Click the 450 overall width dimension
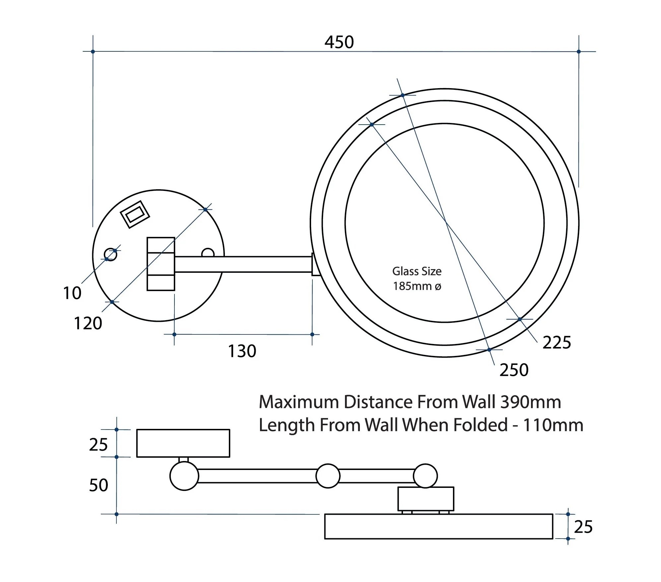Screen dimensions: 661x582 coord(339,42)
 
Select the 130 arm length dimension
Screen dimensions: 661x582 coord(242,351)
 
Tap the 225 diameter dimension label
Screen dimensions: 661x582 coord(557,342)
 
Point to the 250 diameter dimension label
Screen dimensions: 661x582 coord(514,370)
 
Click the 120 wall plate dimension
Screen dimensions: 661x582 coord(88,323)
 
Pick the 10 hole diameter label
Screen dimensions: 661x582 coord(72,293)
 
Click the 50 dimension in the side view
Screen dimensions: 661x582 coord(99,485)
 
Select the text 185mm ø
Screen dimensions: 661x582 coord(417,286)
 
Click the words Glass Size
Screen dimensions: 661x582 coord(417,271)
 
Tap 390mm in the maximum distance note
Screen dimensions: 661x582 coord(531,402)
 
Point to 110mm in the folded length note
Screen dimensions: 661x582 coord(553,425)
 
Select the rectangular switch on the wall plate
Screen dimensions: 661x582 coord(135,214)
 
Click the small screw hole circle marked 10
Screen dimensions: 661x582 coord(110,255)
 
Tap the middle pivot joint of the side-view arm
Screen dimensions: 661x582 coord(328,476)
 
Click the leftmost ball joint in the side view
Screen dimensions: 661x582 coord(184,476)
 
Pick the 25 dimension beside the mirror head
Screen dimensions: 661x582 coord(583,527)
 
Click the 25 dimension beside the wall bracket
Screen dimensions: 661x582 coord(99,444)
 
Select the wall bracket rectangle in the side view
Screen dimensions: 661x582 coord(183,443)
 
